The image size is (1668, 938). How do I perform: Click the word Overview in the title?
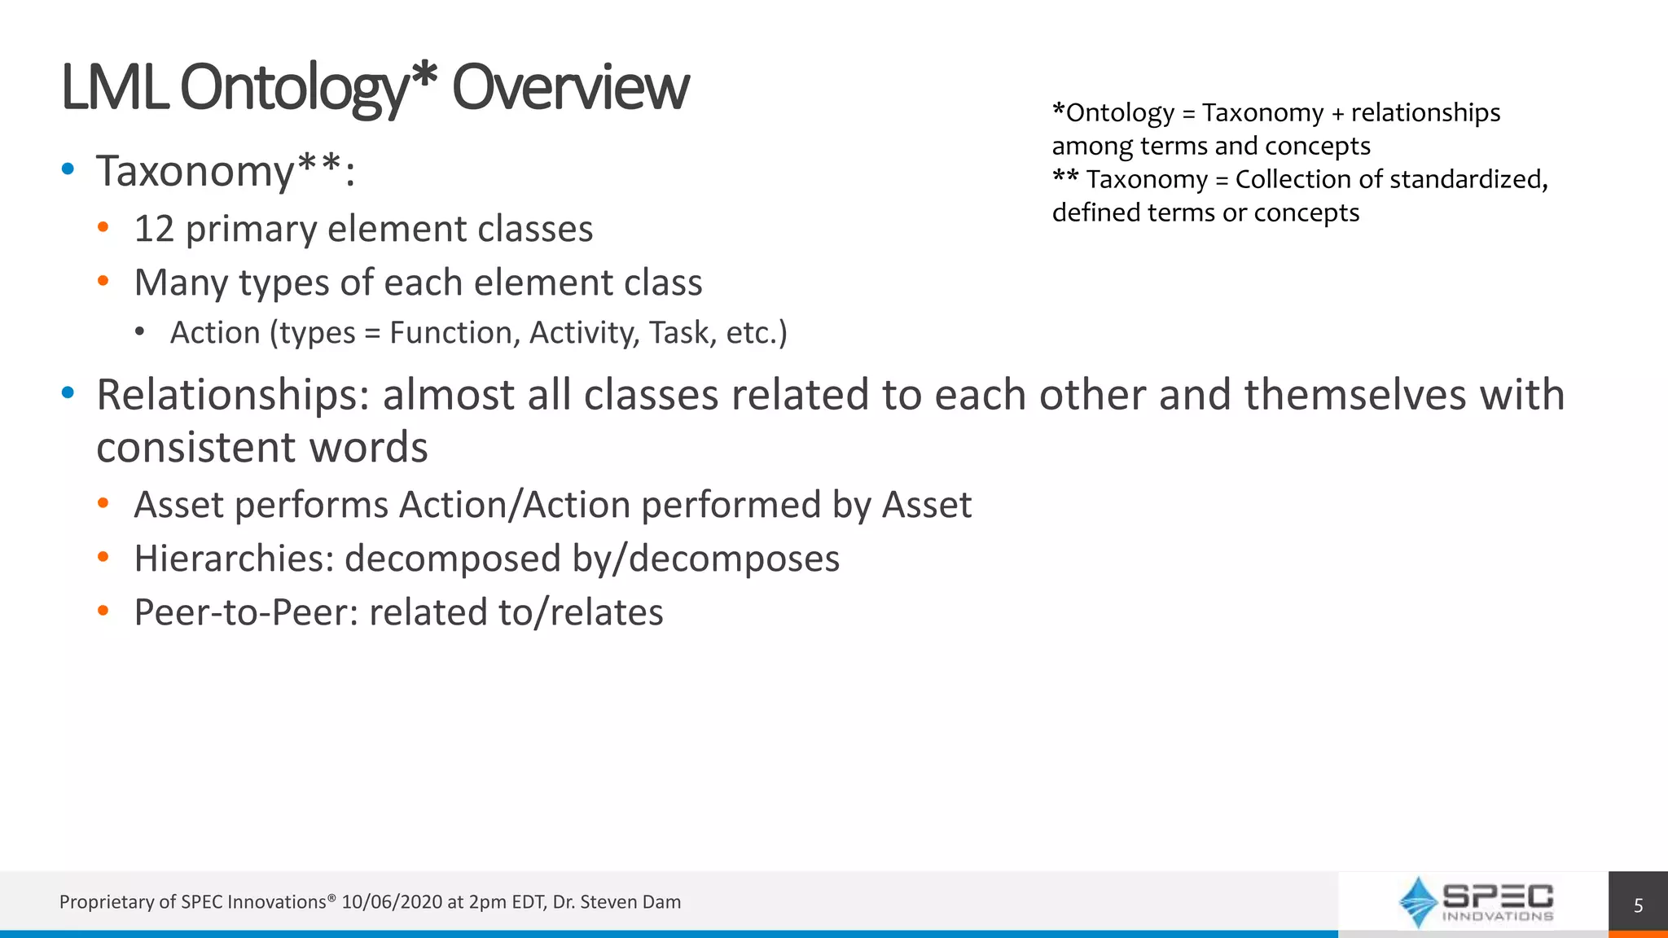click(x=570, y=88)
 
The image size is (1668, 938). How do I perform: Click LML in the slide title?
click(x=114, y=88)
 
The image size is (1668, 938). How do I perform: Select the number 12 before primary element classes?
click(x=154, y=230)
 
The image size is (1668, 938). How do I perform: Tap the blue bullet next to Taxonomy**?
click(x=68, y=169)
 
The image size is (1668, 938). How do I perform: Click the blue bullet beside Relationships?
click(x=68, y=393)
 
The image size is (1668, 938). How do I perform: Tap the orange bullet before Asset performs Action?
click(x=103, y=503)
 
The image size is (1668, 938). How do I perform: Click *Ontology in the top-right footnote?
click(x=1113, y=113)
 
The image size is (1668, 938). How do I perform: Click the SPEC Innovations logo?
click(x=1474, y=902)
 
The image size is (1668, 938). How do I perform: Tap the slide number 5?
click(x=1638, y=905)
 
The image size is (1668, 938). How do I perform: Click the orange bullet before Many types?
click(x=103, y=281)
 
